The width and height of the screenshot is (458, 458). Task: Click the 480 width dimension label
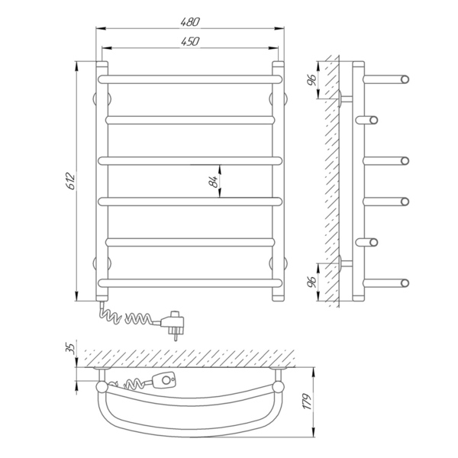click(190, 22)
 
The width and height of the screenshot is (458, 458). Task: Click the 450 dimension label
click(190, 41)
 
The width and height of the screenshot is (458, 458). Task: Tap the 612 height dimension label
click(71, 182)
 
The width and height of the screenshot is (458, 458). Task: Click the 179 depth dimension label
click(308, 402)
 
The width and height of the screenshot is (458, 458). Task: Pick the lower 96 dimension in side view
click(312, 282)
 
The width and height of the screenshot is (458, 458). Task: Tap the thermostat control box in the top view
click(164, 380)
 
